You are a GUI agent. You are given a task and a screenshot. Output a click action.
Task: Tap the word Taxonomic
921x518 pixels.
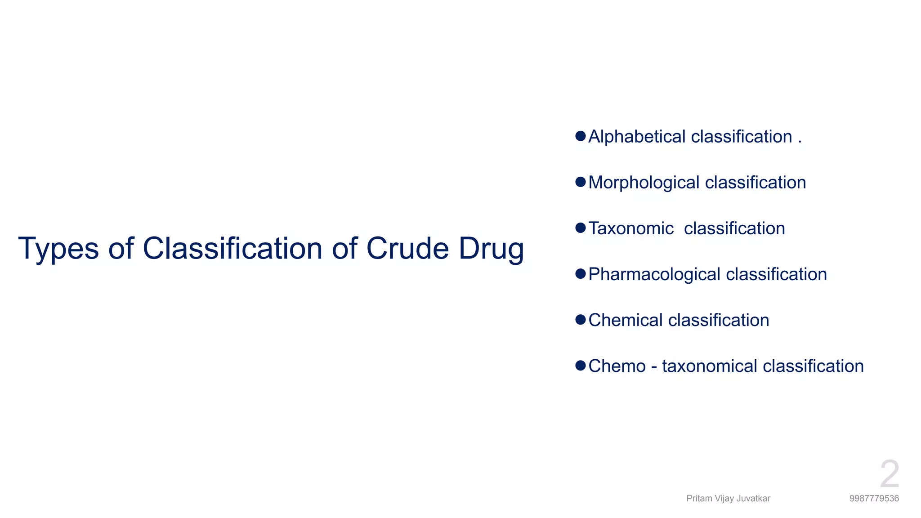(631, 228)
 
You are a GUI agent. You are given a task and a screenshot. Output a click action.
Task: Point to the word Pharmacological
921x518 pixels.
(654, 274)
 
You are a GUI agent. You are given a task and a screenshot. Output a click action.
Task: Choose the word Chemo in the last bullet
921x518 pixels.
(617, 366)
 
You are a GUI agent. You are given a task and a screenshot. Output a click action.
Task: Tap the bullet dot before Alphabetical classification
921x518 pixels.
(581, 136)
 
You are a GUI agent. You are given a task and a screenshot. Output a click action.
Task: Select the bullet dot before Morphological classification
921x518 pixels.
(581, 182)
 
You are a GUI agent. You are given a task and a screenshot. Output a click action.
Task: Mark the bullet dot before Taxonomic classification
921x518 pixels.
(581, 228)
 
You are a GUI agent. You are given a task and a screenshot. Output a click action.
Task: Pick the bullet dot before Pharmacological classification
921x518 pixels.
(581, 273)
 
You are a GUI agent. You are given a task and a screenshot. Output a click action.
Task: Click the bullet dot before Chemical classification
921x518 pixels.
(581, 319)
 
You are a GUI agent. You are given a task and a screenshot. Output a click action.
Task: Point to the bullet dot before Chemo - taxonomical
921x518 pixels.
(581, 365)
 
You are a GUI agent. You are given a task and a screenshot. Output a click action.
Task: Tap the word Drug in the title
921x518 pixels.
(491, 249)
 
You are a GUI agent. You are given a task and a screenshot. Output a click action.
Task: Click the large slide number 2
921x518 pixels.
(890, 474)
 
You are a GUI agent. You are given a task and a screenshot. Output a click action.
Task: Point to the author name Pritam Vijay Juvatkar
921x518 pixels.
(728, 498)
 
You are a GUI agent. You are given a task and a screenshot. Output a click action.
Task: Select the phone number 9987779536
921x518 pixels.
(874, 498)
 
